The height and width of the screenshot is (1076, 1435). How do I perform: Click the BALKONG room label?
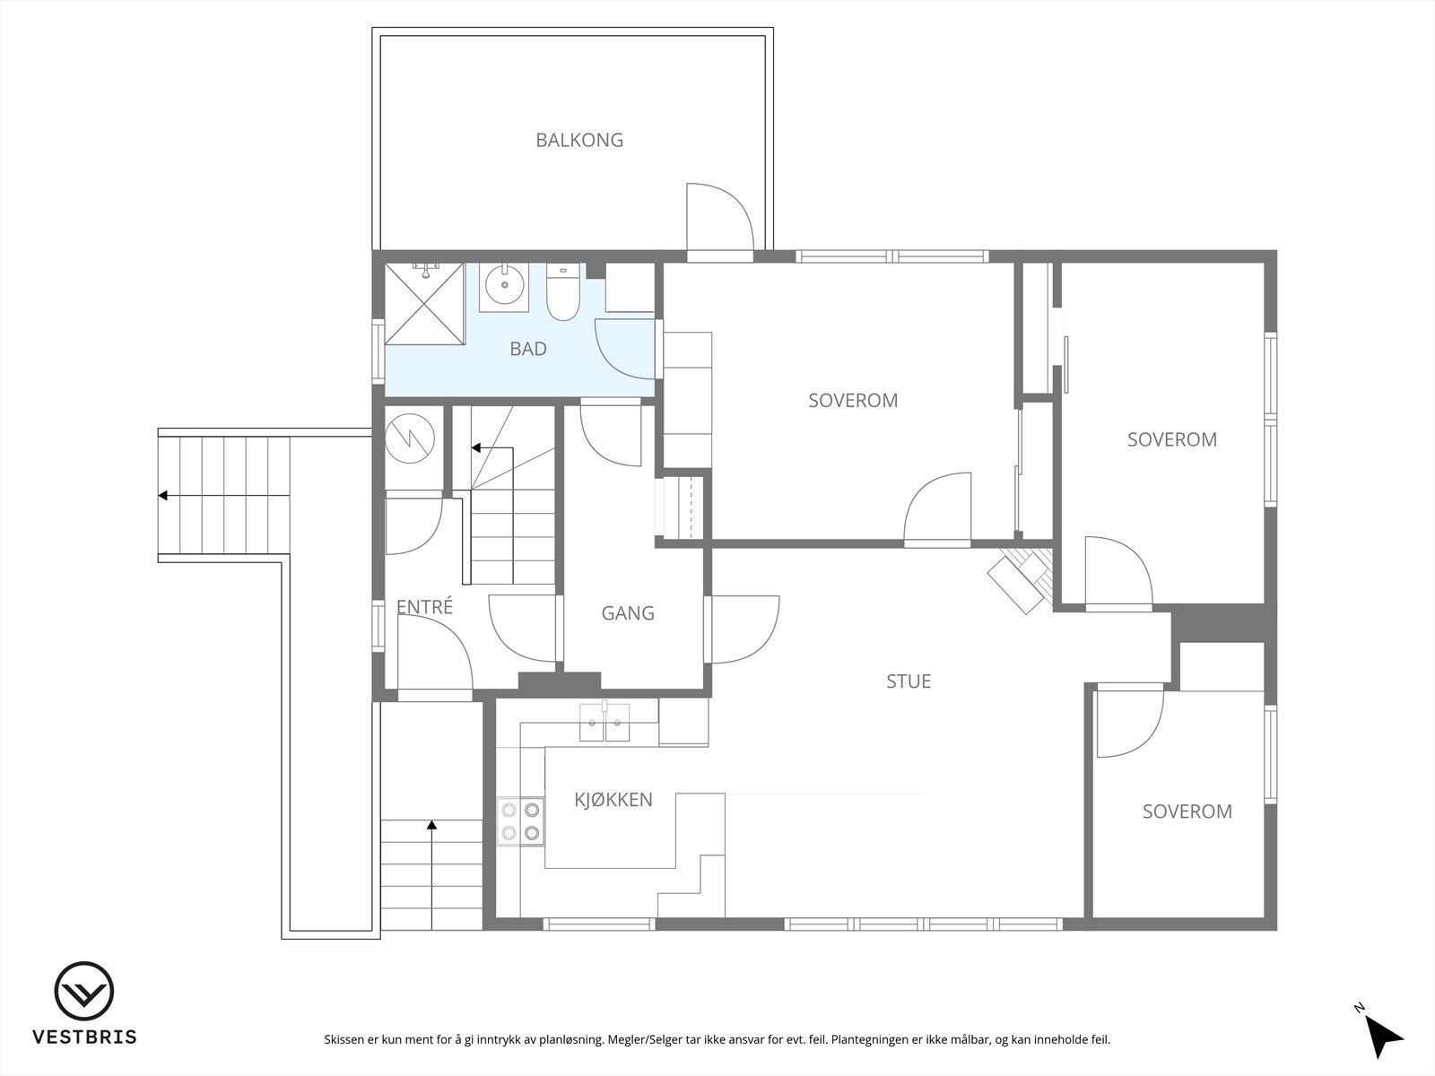pyautogui.click(x=579, y=140)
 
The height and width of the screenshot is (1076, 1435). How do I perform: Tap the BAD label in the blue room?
pyautogui.click(x=528, y=349)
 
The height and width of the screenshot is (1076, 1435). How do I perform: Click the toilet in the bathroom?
pyautogui.click(x=563, y=291)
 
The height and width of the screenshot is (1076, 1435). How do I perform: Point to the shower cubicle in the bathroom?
pyautogui.click(x=424, y=303)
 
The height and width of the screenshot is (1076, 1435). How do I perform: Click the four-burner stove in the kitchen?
pyautogui.click(x=520, y=821)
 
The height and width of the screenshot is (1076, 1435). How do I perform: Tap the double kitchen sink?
pyautogui.click(x=604, y=722)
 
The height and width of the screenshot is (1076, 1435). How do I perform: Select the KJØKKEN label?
pyautogui.click(x=613, y=800)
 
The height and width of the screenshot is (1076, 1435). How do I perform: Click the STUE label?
pyautogui.click(x=908, y=681)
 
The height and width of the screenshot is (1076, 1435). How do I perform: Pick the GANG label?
pyautogui.click(x=628, y=612)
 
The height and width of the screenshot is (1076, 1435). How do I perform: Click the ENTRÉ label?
pyautogui.click(x=424, y=606)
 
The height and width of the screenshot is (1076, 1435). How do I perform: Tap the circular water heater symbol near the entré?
pyautogui.click(x=410, y=439)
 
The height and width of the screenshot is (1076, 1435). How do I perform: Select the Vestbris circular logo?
pyautogui.click(x=83, y=991)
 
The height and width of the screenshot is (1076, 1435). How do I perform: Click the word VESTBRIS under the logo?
pyautogui.click(x=84, y=1037)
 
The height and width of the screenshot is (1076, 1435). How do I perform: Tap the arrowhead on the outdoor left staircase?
pyautogui.click(x=163, y=496)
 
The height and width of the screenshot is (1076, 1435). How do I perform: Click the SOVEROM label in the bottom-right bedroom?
pyautogui.click(x=1187, y=811)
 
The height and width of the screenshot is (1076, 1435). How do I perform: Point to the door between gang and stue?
pyautogui.click(x=743, y=629)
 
